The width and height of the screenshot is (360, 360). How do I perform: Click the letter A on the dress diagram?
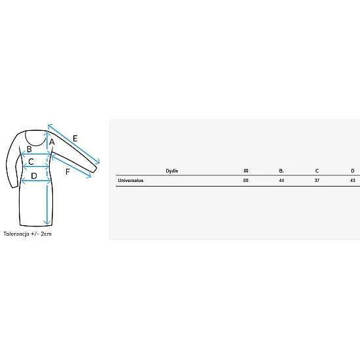point(52,142)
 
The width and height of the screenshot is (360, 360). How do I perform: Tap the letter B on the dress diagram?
point(29,149)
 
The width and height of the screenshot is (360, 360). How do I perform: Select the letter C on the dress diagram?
point(31,162)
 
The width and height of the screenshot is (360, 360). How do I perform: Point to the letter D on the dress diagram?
point(34,176)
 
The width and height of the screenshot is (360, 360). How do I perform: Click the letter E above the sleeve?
point(75,138)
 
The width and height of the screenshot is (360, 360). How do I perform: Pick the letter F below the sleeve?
point(67,171)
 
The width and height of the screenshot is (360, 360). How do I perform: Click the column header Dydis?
point(172,171)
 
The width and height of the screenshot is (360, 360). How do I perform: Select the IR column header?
point(246,171)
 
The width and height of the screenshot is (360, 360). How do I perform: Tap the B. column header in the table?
point(281,171)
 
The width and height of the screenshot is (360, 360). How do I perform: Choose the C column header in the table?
point(317,171)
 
